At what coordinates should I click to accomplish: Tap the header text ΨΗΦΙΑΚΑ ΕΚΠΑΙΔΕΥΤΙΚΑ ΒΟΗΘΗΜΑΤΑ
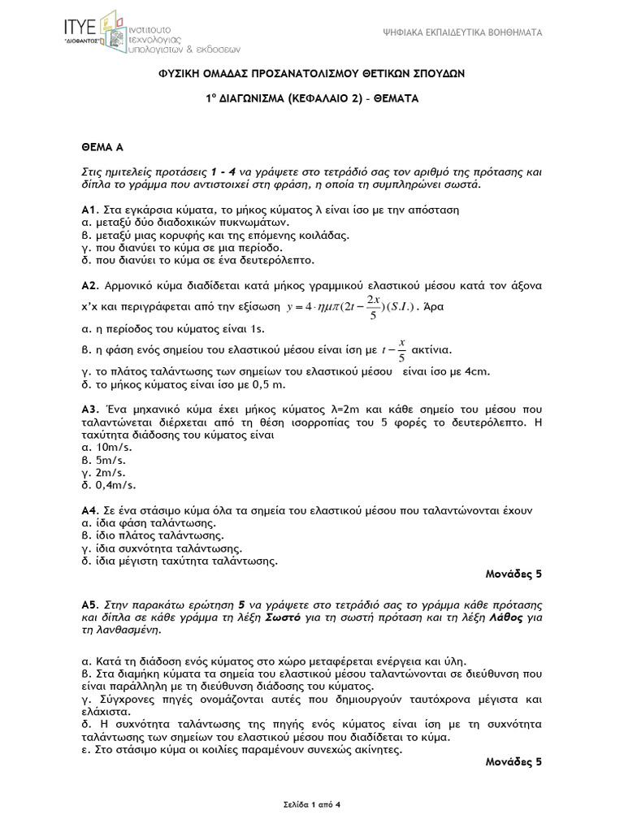coord(462,32)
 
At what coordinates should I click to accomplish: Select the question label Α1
coord(89,209)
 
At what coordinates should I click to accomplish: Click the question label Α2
coord(89,287)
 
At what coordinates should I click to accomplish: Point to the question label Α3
coord(89,408)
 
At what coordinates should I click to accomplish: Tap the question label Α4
coord(89,512)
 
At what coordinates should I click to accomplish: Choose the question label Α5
coord(89,606)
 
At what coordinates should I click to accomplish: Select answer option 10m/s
coord(111,447)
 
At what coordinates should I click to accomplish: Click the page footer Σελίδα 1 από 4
coord(311,804)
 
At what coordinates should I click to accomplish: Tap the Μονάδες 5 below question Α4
coord(513,574)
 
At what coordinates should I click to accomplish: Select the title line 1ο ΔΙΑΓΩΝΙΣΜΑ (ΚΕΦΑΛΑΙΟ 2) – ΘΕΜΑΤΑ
coord(311,97)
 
